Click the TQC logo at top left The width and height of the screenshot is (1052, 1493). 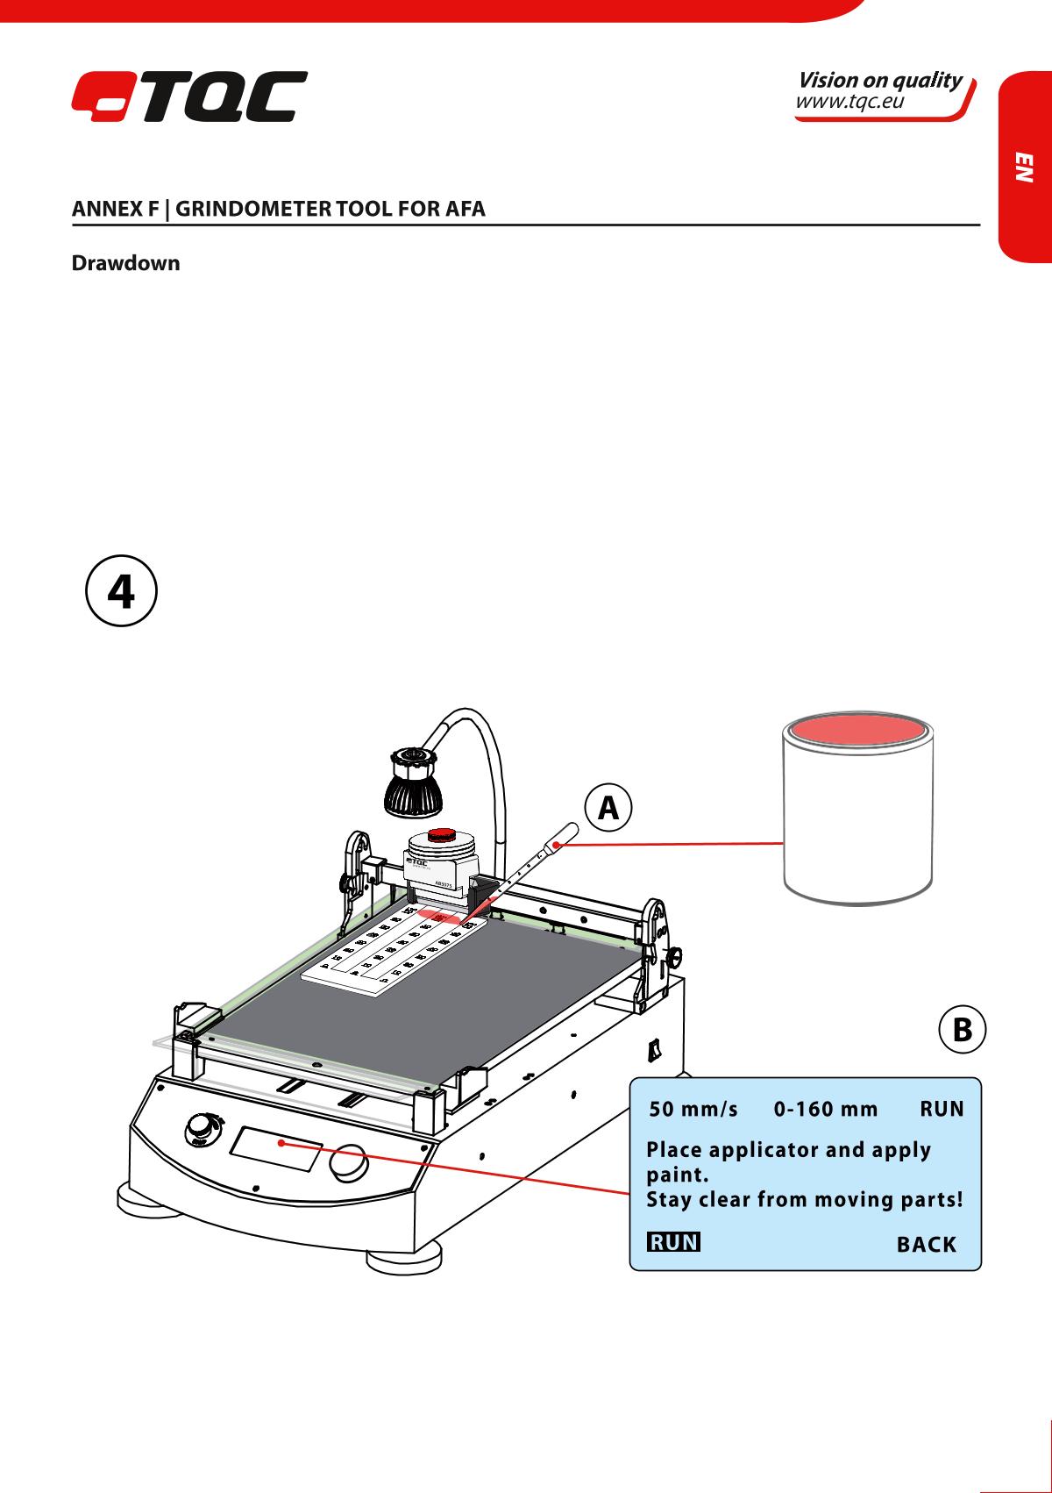pyautogui.click(x=188, y=96)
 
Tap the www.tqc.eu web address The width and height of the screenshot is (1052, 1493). pyautogui.click(x=848, y=104)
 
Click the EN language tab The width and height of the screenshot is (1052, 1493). pyautogui.click(x=1025, y=167)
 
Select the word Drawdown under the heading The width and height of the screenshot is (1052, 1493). pyautogui.click(x=125, y=263)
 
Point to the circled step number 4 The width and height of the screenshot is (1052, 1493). pyautogui.click(x=121, y=593)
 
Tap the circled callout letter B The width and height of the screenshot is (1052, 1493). pyautogui.click(x=962, y=1029)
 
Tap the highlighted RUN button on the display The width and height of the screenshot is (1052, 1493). pyautogui.click(x=673, y=1242)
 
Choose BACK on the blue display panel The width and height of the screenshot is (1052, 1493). pyautogui.click(x=926, y=1244)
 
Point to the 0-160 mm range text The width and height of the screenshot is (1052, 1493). pyautogui.click(x=826, y=1110)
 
